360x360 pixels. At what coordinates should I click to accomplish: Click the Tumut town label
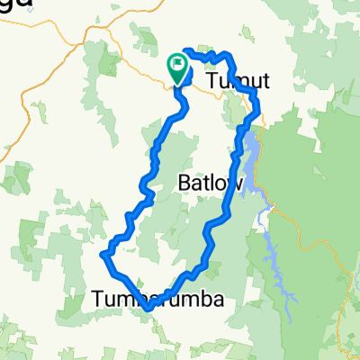click(238, 82)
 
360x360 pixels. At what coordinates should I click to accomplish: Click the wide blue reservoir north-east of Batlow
click(256, 153)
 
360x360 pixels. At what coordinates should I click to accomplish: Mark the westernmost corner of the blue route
click(100, 256)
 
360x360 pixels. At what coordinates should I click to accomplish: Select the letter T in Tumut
click(212, 82)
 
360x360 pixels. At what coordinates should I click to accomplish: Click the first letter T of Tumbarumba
click(98, 299)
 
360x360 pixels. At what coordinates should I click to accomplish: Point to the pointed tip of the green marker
click(176, 84)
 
